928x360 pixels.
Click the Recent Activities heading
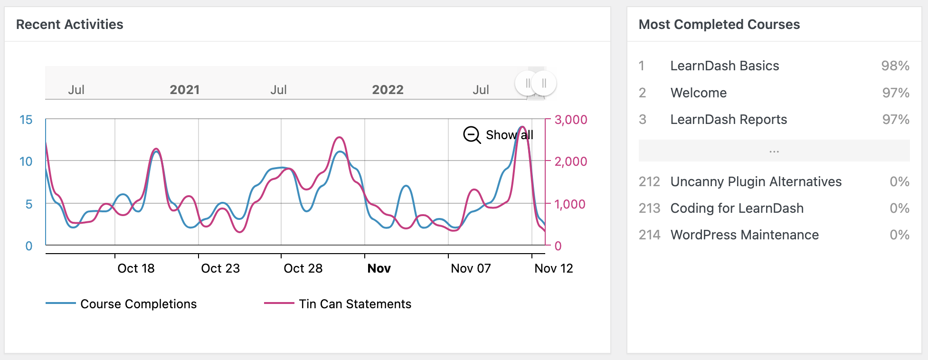tap(70, 24)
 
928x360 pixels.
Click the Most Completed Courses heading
tap(719, 24)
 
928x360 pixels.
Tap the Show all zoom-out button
tap(498, 135)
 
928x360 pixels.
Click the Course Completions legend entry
tap(138, 304)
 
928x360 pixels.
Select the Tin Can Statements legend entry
tap(355, 304)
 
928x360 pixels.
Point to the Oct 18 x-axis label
tap(136, 268)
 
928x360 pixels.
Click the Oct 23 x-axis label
tap(220, 268)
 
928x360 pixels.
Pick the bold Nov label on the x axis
tap(379, 268)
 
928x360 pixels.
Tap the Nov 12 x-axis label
tap(554, 268)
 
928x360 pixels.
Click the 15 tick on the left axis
tap(26, 120)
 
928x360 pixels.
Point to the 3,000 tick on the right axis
tap(571, 120)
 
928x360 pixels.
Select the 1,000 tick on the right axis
tap(570, 204)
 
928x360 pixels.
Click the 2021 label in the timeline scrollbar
tap(185, 90)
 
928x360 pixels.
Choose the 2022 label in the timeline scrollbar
tap(388, 90)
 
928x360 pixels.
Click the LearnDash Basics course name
tap(725, 66)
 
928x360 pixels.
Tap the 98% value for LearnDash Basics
tap(895, 66)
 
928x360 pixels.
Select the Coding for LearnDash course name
tap(737, 208)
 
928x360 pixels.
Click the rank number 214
tap(650, 235)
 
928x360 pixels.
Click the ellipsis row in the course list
tap(774, 151)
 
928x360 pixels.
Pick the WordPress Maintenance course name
tap(745, 235)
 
